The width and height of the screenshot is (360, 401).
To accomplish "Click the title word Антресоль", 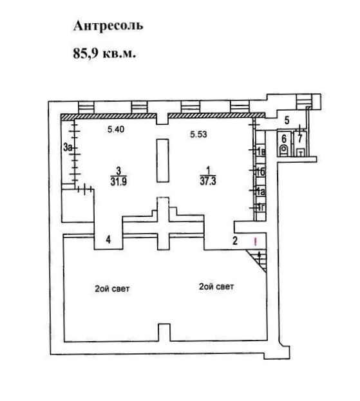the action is (108, 26).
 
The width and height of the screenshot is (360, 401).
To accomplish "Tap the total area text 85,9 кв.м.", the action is (104, 53).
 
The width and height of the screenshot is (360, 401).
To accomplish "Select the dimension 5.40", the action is (116, 129).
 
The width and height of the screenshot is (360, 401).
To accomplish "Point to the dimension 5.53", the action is (198, 135).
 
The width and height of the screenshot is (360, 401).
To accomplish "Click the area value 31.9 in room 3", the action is (118, 182).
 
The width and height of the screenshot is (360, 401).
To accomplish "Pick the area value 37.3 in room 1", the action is (208, 181).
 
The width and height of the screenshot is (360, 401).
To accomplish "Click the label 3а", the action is (68, 147).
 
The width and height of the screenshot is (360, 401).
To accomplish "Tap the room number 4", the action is (108, 240).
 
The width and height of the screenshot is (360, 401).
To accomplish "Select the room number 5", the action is (287, 120).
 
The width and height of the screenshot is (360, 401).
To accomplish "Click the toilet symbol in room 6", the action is (284, 151).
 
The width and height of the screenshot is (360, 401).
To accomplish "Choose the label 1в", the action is (261, 152).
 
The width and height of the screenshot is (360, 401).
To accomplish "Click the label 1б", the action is (261, 172).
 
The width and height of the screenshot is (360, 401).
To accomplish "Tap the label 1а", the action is (261, 192).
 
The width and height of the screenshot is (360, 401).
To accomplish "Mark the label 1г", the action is (261, 207).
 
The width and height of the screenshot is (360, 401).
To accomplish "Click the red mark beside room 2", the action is (255, 241).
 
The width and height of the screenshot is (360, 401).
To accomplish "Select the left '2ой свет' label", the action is (112, 289).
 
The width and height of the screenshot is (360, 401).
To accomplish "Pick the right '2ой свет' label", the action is (216, 286).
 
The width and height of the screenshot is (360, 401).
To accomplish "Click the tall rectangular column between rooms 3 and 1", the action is (163, 161).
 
